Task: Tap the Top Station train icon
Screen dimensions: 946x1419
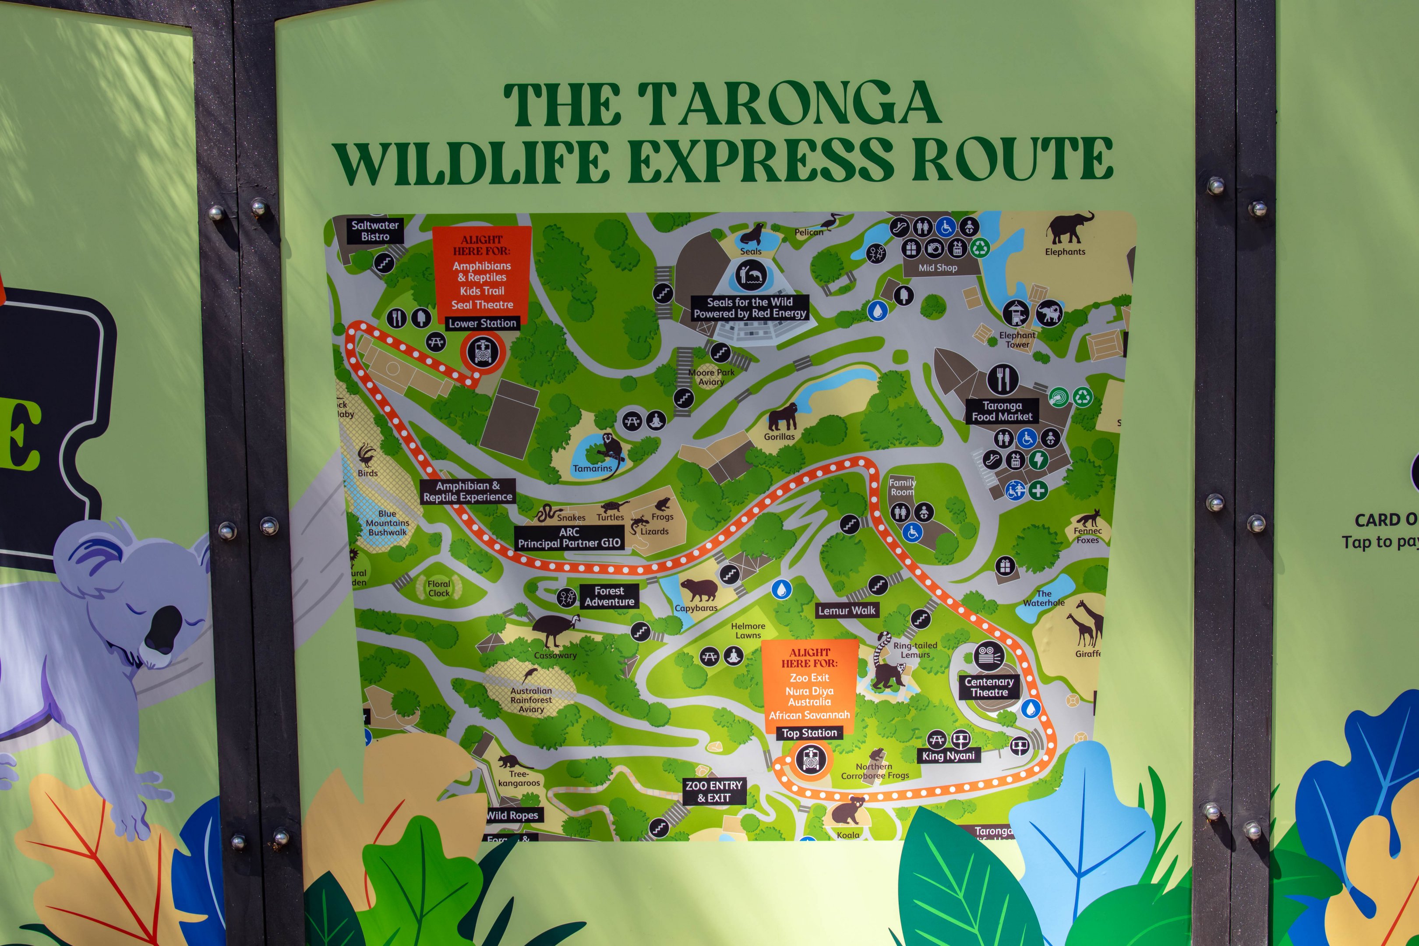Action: coord(810,759)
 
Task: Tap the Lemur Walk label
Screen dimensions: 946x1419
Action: coord(847,611)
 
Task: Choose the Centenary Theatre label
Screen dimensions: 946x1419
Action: coord(989,687)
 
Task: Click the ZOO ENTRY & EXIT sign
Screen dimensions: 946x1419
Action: coord(714,791)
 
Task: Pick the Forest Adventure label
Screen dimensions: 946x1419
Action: coord(609,596)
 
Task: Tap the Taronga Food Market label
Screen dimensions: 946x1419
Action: coord(1002,411)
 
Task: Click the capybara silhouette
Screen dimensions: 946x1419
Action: coord(699,589)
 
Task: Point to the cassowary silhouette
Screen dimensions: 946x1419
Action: coord(554,630)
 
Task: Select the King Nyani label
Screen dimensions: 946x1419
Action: coord(948,755)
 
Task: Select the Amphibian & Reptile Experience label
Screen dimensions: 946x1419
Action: coord(468,491)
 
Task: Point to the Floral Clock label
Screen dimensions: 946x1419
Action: coord(438,588)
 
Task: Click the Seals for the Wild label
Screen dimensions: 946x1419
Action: coord(749,307)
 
